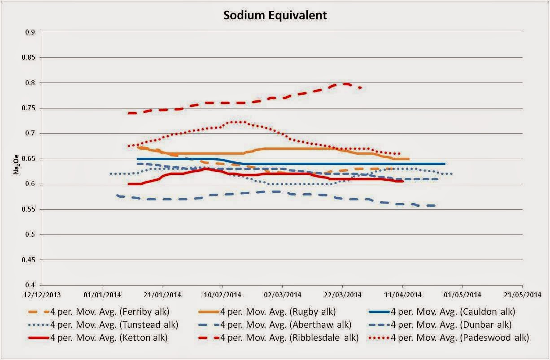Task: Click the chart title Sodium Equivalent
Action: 275,15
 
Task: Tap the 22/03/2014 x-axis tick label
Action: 342,295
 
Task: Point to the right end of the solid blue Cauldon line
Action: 444,164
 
